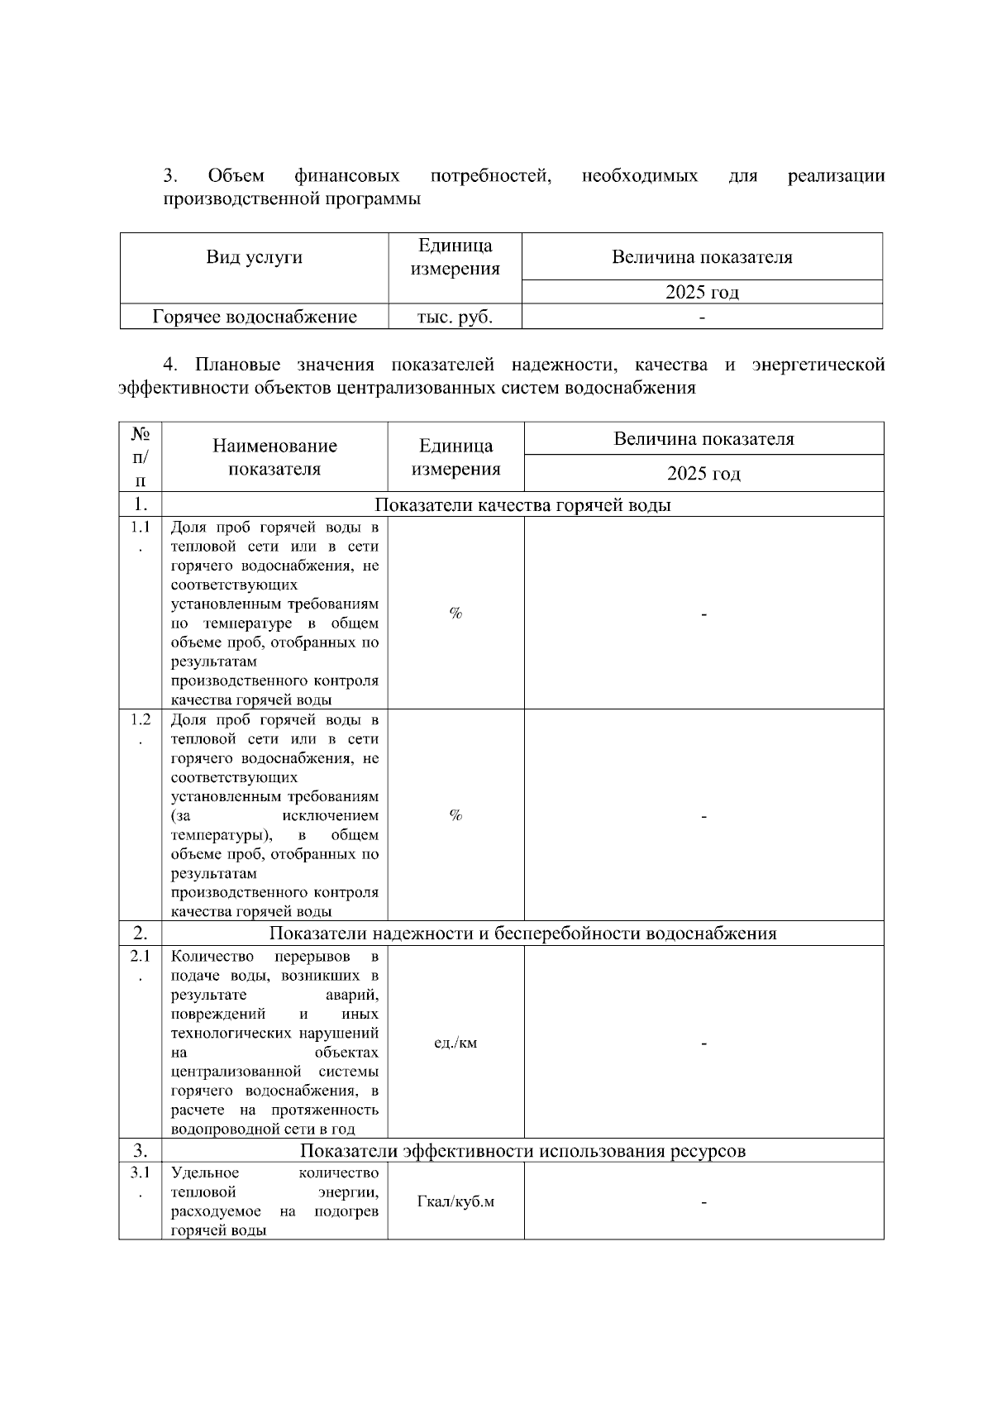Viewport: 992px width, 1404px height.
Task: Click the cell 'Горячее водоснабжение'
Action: tap(255, 317)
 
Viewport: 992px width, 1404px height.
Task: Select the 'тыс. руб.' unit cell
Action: tap(455, 317)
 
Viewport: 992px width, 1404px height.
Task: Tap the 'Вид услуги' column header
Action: tap(255, 257)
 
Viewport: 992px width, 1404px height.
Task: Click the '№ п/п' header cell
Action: tap(141, 456)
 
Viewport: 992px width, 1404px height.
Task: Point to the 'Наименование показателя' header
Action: tap(274, 457)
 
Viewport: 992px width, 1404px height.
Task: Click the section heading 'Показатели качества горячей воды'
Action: tap(522, 505)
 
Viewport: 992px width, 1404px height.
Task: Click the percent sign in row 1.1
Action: tap(455, 613)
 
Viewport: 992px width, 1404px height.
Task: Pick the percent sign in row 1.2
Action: tap(455, 815)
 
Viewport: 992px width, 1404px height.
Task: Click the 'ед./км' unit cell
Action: tap(455, 1043)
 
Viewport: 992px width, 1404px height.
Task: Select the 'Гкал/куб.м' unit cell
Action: tap(455, 1201)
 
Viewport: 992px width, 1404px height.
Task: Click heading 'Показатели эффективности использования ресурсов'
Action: tap(522, 1151)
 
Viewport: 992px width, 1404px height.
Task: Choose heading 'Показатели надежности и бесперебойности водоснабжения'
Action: tap(522, 934)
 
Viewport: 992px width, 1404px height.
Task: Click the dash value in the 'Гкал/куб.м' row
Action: tap(703, 1202)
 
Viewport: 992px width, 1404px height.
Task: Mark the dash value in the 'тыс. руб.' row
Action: tap(703, 318)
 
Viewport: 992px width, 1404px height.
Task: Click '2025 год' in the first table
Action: tap(703, 292)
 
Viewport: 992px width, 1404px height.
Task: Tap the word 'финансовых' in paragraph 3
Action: tap(347, 176)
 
